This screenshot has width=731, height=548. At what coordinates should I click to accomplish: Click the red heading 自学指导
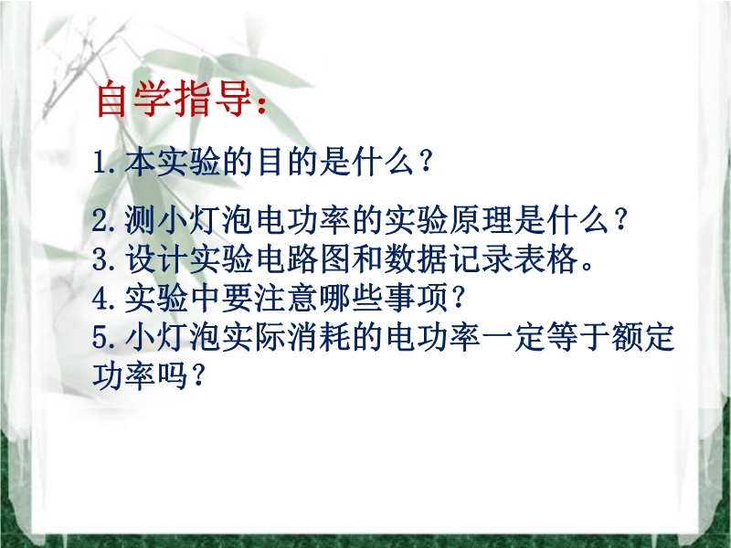pos(175,100)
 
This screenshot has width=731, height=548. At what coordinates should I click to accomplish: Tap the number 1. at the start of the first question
pos(104,163)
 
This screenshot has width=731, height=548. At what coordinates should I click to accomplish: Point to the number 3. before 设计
pos(105,259)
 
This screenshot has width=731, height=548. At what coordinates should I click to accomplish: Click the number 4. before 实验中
pos(105,299)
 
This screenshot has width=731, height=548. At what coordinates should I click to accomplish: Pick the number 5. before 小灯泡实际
pos(105,337)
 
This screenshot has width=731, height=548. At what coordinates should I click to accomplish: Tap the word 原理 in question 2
pos(482,220)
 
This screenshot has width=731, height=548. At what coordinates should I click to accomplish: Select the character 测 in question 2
pos(140,220)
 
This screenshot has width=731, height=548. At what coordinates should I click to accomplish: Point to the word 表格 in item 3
pos(546,259)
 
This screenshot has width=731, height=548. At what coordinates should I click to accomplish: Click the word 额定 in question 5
pos(643,337)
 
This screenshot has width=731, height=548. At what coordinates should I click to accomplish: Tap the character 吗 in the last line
pos(173,376)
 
